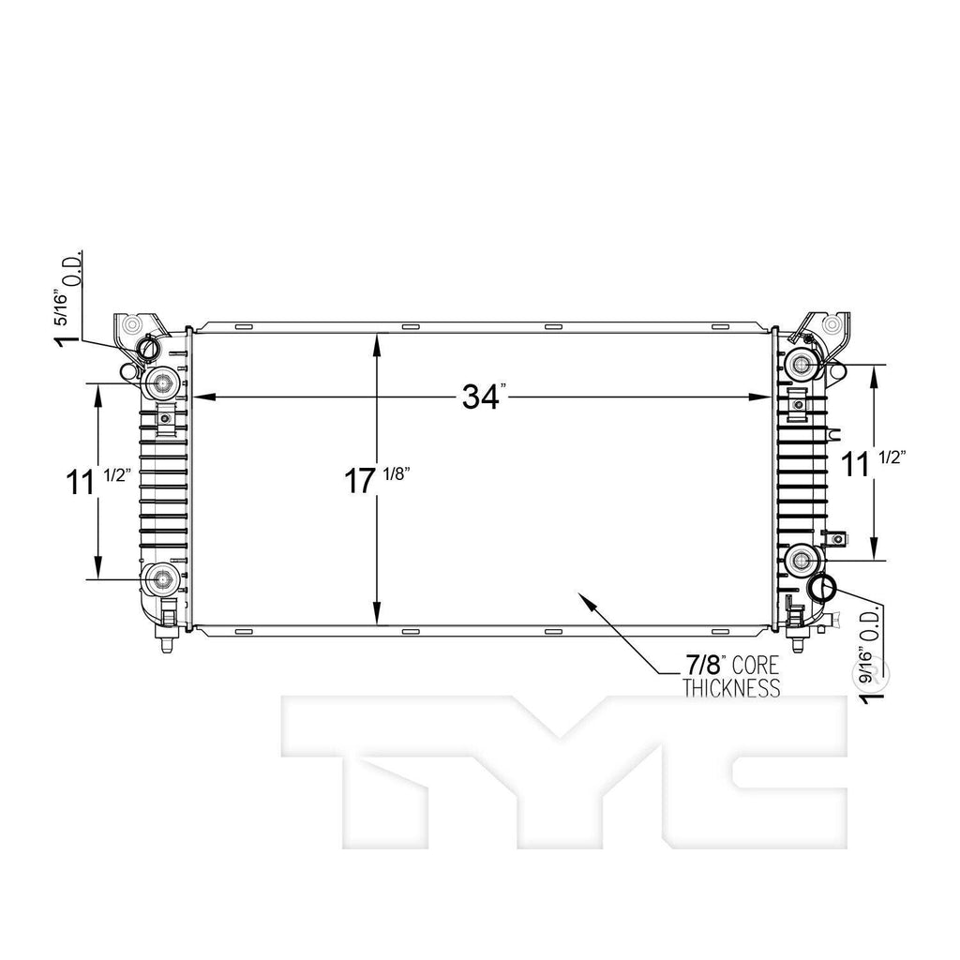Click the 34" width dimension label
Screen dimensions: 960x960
485,397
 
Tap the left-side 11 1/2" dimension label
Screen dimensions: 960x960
98,481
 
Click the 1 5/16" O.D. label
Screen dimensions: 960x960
68,298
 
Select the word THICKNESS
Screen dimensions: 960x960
731,688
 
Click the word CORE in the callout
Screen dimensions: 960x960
756,666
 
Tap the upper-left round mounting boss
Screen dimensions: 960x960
163,383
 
